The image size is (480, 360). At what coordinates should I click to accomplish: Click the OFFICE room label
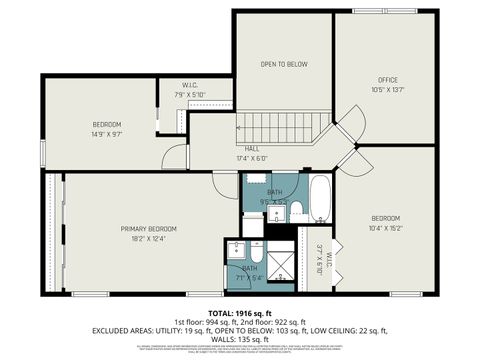point(388,79)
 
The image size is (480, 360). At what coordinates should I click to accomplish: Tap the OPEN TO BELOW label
point(284,65)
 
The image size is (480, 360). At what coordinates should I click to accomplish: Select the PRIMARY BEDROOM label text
point(142,228)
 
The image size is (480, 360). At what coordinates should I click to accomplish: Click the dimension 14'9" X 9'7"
point(107,134)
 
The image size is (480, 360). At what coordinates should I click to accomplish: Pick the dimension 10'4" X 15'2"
point(386,229)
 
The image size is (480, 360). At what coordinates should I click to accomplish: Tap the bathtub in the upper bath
point(319,200)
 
